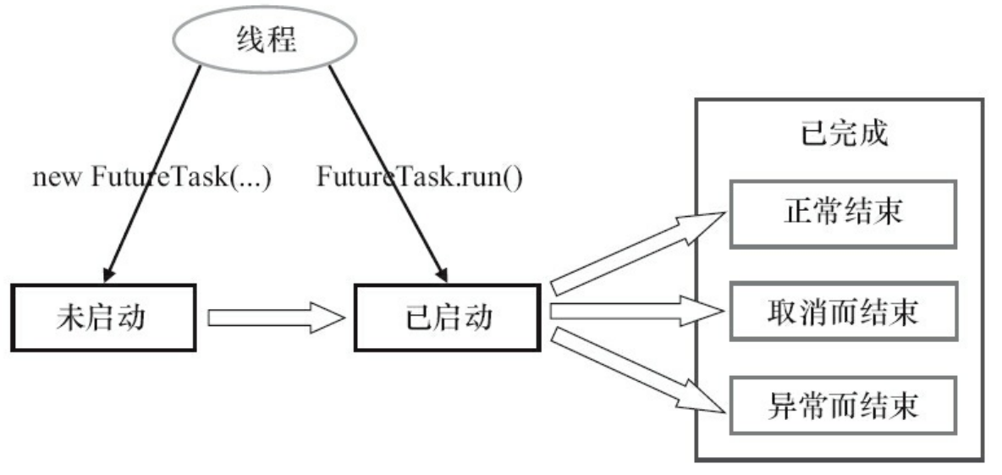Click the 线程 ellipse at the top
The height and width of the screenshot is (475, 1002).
click(x=265, y=39)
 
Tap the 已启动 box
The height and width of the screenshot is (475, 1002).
click(x=446, y=318)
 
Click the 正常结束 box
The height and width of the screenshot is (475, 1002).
click(x=841, y=213)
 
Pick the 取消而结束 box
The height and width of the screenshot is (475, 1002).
click(x=841, y=312)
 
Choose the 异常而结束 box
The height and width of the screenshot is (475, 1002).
click(x=841, y=406)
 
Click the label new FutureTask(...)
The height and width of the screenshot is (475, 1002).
click(x=151, y=179)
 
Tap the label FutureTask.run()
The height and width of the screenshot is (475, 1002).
click(x=420, y=179)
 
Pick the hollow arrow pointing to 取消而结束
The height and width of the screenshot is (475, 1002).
click(x=636, y=312)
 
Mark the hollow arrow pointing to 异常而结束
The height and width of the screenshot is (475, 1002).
click(x=636, y=371)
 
